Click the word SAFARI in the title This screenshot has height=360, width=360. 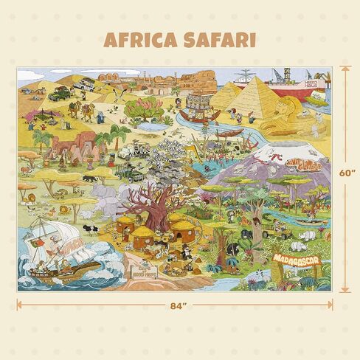click(x=220, y=39)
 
